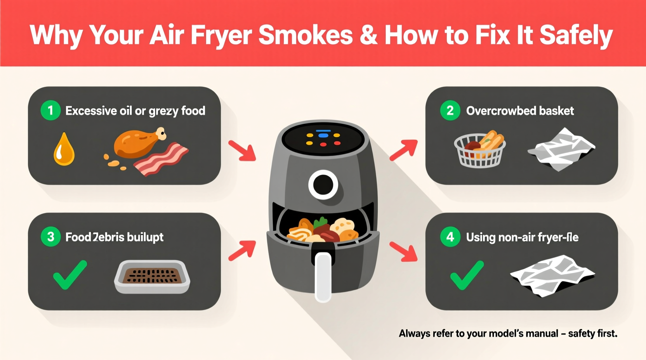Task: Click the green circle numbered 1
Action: (x=50, y=111)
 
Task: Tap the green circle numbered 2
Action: (x=450, y=111)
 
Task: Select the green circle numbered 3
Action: (x=50, y=237)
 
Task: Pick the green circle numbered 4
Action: (x=450, y=237)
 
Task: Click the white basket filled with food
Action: (x=480, y=151)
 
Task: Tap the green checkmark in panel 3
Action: (x=70, y=275)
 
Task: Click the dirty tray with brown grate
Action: (x=152, y=276)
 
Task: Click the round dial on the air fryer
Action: (x=323, y=185)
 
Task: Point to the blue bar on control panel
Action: (x=323, y=135)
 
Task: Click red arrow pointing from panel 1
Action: (x=242, y=151)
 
